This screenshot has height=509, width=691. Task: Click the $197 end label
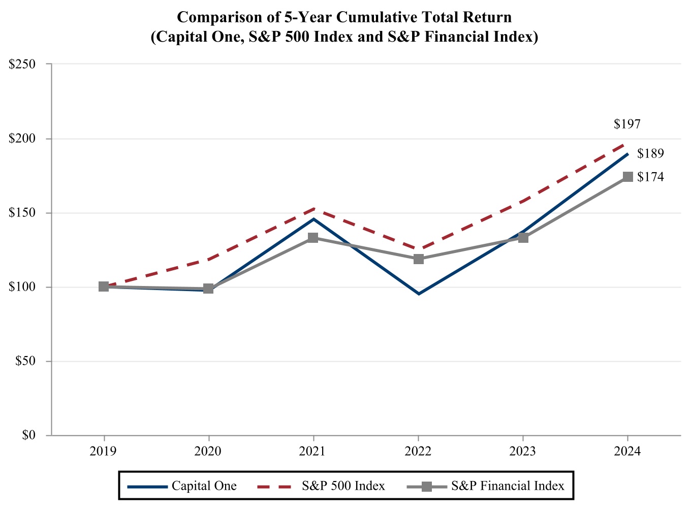pos(627,124)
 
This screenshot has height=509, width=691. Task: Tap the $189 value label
pos(650,153)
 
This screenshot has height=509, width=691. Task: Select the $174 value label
pos(650,177)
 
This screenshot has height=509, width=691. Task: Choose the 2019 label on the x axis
pos(104,451)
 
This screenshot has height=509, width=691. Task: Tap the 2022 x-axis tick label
pos(418,451)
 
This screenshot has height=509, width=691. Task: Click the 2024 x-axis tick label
pos(627,451)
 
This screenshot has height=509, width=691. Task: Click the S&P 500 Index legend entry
pos(321,486)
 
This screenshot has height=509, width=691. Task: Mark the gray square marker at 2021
pos(313,238)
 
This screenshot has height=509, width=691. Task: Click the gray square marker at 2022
pos(418,259)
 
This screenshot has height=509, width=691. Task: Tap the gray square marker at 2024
pos(627,177)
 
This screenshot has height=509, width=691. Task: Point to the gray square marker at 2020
pos(208,289)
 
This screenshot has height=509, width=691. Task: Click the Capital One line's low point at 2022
pos(418,294)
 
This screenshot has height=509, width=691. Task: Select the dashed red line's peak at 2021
pos(313,209)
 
